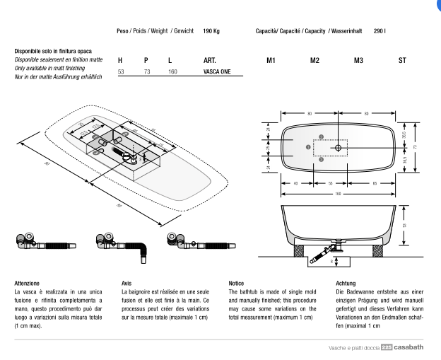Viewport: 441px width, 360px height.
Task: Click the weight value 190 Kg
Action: [211, 32]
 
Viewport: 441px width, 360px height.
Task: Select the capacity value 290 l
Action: [380, 32]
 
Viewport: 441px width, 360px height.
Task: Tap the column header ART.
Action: [209, 62]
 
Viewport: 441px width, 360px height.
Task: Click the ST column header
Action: [401, 62]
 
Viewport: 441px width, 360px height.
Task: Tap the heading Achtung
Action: [346, 282]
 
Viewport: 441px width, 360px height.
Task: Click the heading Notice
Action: [237, 282]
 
